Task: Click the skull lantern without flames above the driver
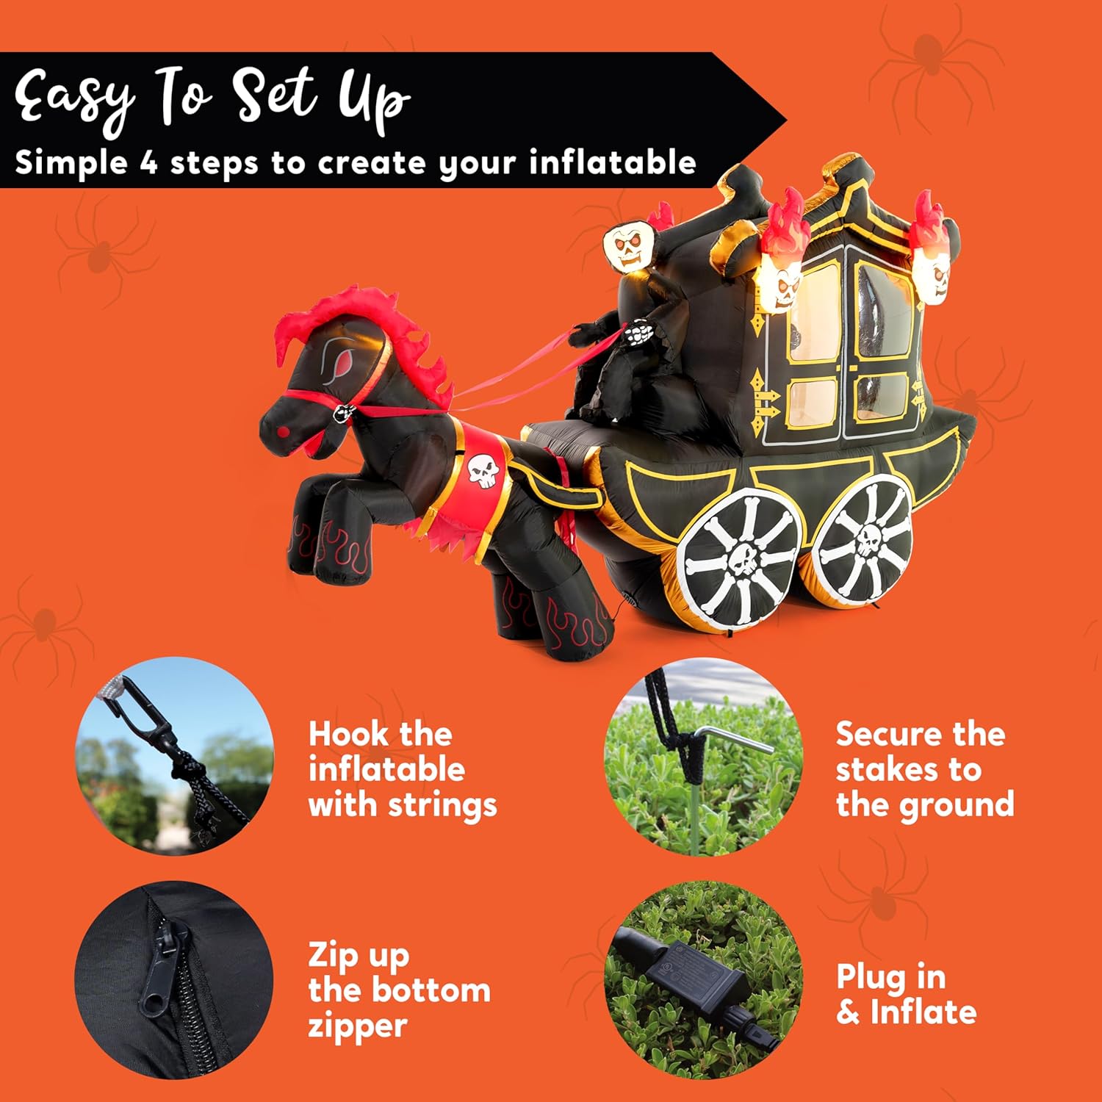pyautogui.click(x=628, y=246)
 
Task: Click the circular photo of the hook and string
pyautogui.click(x=175, y=757)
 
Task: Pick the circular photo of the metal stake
pyautogui.click(x=703, y=757)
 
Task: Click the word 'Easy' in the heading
pyautogui.click(x=73, y=99)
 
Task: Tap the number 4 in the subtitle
pyautogui.click(x=148, y=162)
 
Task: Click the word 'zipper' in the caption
pyautogui.click(x=357, y=1026)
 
